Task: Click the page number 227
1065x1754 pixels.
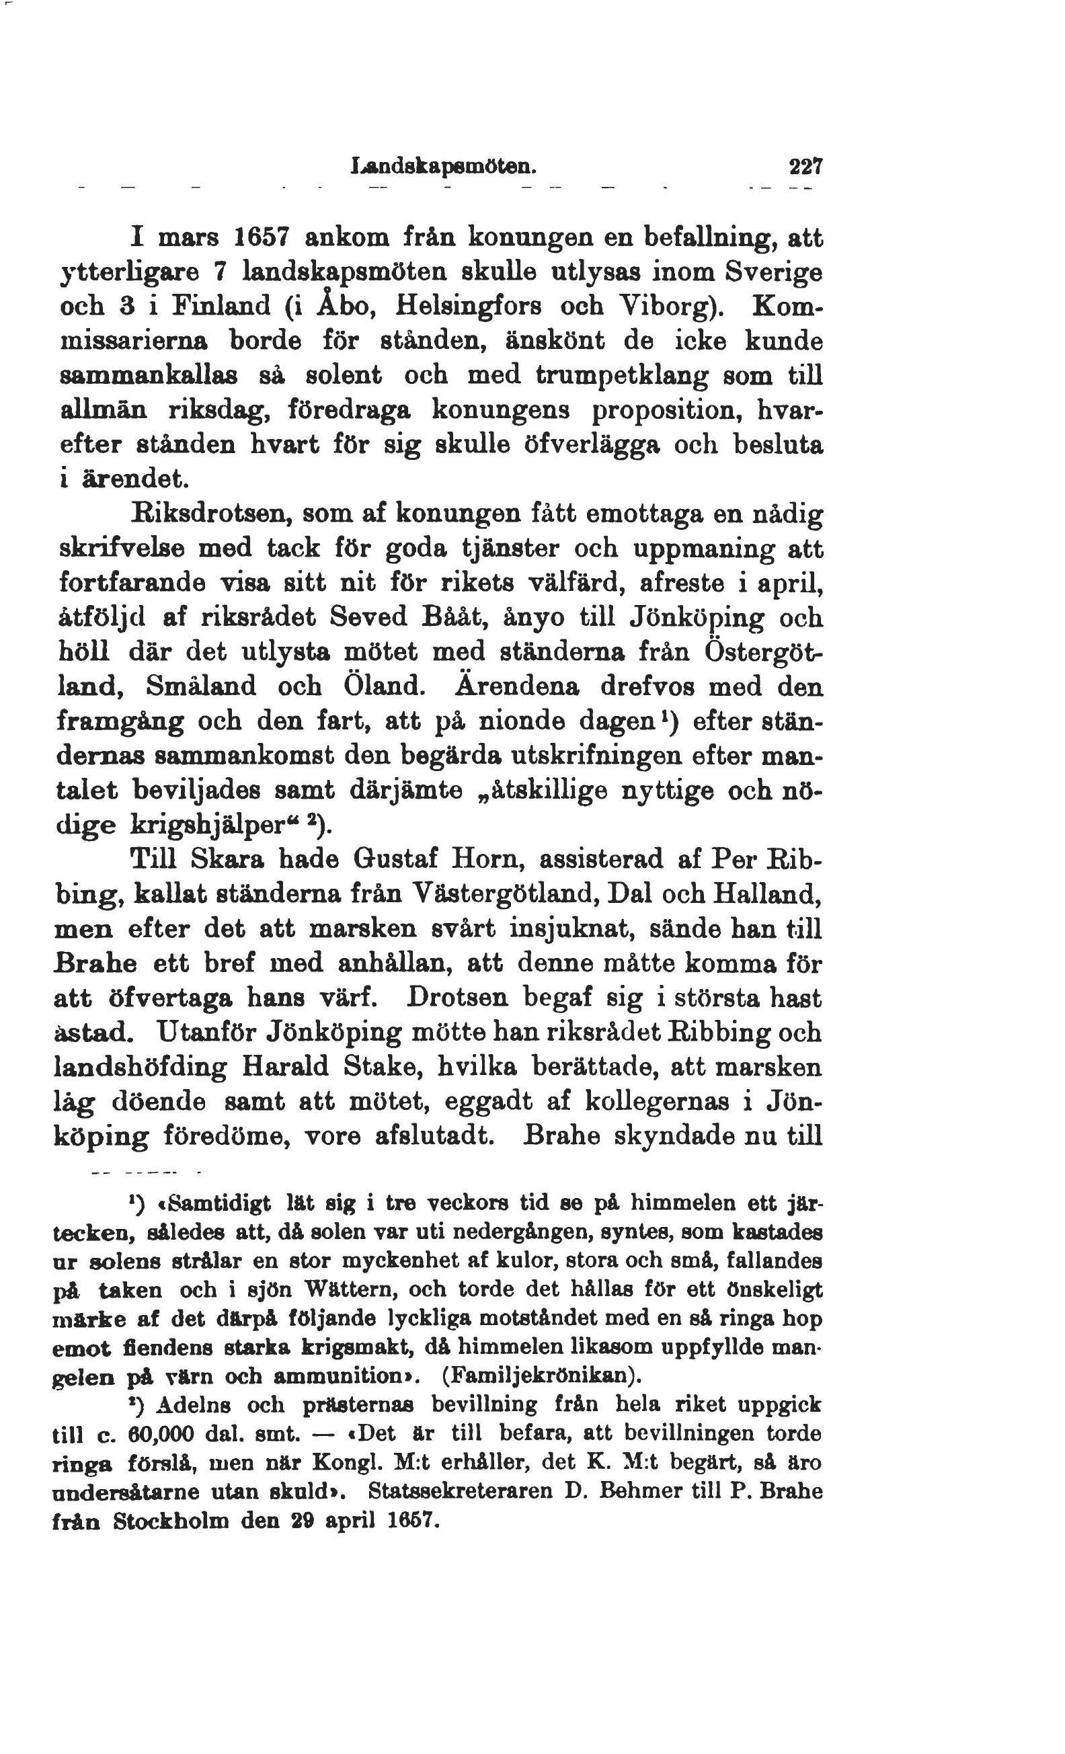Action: pos(806,168)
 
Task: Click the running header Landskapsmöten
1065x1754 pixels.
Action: pos(443,168)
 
